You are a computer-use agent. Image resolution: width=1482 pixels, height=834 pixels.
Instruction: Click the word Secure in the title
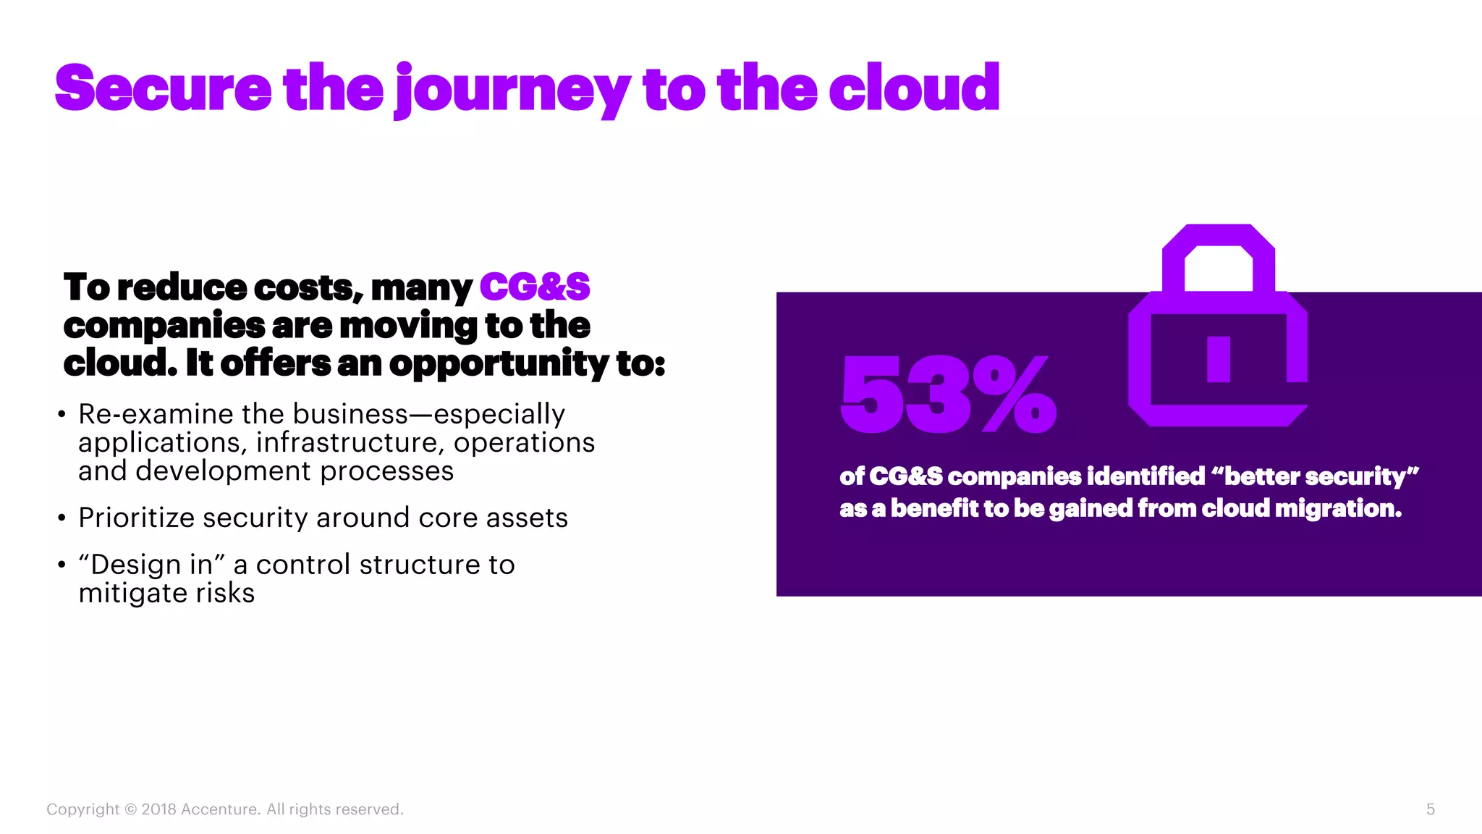pyautogui.click(x=163, y=88)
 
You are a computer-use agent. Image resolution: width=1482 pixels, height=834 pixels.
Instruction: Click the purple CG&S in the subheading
pyautogui.click(x=535, y=287)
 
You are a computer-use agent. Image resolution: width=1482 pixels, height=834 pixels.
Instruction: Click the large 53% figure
pyautogui.click(x=948, y=395)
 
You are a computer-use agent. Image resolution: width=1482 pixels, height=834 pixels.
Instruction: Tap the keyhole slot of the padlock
pyautogui.click(x=1219, y=359)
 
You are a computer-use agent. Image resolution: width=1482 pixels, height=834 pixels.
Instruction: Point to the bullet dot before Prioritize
pyautogui.click(x=62, y=518)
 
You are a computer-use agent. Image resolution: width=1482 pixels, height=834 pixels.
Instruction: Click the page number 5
pyautogui.click(x=1430, y=809)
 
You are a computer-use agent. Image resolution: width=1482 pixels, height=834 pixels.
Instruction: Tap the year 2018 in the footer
pyautogui.click(x=158, y=809)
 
